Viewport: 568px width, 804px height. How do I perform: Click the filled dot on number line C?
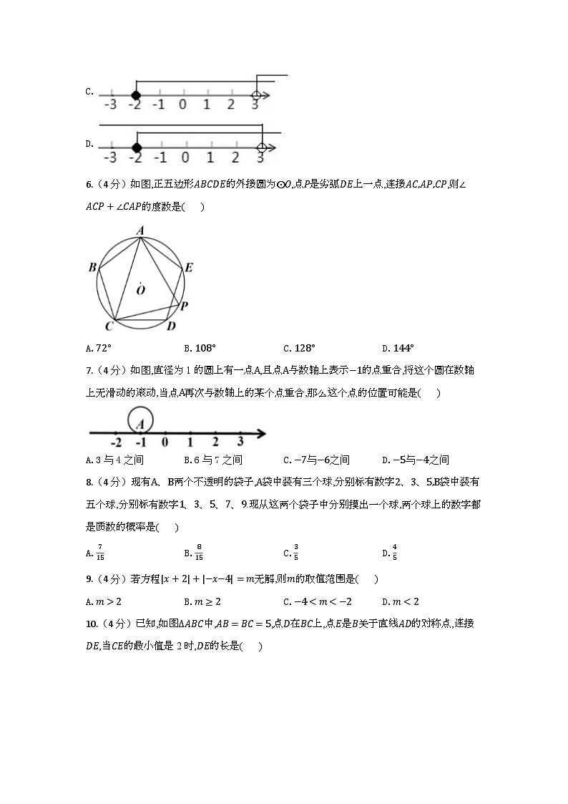tap(135, 95)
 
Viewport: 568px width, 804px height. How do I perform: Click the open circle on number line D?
tap(261, 148)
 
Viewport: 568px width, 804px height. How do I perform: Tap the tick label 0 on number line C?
tap(183, 105)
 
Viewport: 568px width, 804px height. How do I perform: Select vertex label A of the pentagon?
tap(141, 231)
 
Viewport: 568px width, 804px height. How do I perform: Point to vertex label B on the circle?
tap(92, 268)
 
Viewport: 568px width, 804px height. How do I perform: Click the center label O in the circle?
tap(141, 290)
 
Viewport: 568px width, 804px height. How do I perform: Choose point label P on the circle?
tap(184, 306)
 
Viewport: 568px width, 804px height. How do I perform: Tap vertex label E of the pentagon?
tap(189, 268)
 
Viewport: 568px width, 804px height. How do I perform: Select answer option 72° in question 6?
tap(102, 349)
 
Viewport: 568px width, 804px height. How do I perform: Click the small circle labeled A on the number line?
tap(141, 420)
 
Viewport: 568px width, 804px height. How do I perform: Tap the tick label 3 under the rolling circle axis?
tap(240, 442)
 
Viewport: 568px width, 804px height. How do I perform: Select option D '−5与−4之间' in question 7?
tap(419, 460)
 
